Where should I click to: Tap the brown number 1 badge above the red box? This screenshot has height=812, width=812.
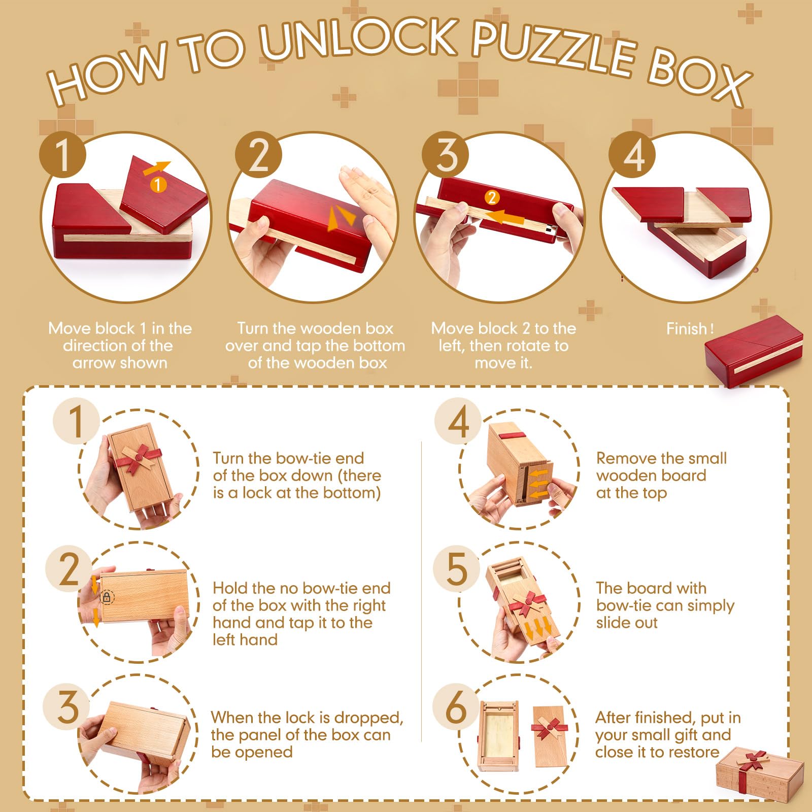click(62, 154)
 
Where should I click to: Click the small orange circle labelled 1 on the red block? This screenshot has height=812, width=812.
click(158, 184)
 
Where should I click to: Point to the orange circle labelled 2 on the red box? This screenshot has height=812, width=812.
click(491, 197)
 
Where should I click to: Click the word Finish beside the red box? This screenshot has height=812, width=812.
click(686, 329)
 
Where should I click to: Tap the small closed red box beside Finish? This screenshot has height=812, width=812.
click(754, 350)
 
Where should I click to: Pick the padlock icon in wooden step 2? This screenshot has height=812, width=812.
click(107, 597)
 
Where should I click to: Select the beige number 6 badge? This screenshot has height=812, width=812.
click(456, 706)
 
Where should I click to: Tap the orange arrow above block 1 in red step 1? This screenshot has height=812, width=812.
click(156, 168)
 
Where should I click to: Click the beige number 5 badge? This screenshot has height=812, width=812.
click(456, 568)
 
